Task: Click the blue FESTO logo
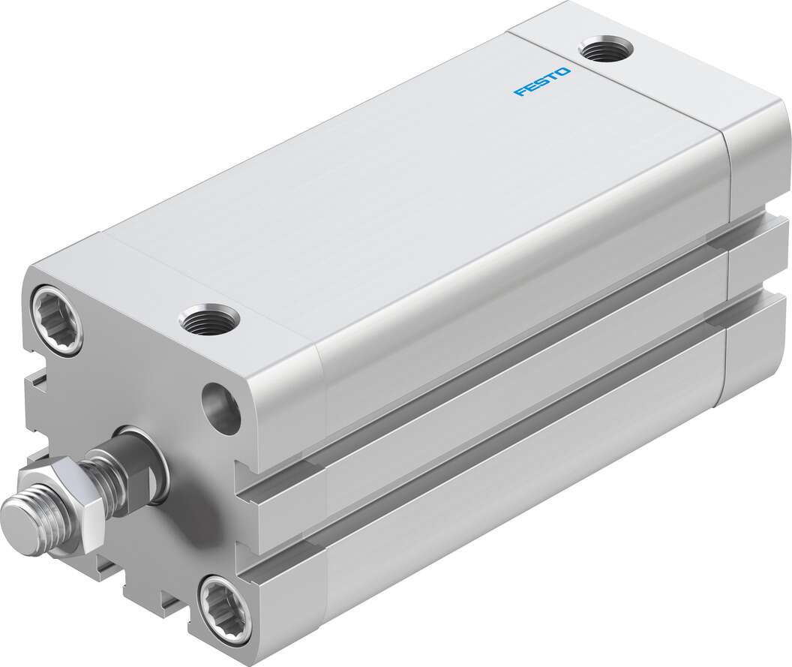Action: click(x=542, y=82)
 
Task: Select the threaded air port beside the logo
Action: click(x=607, y=50)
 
